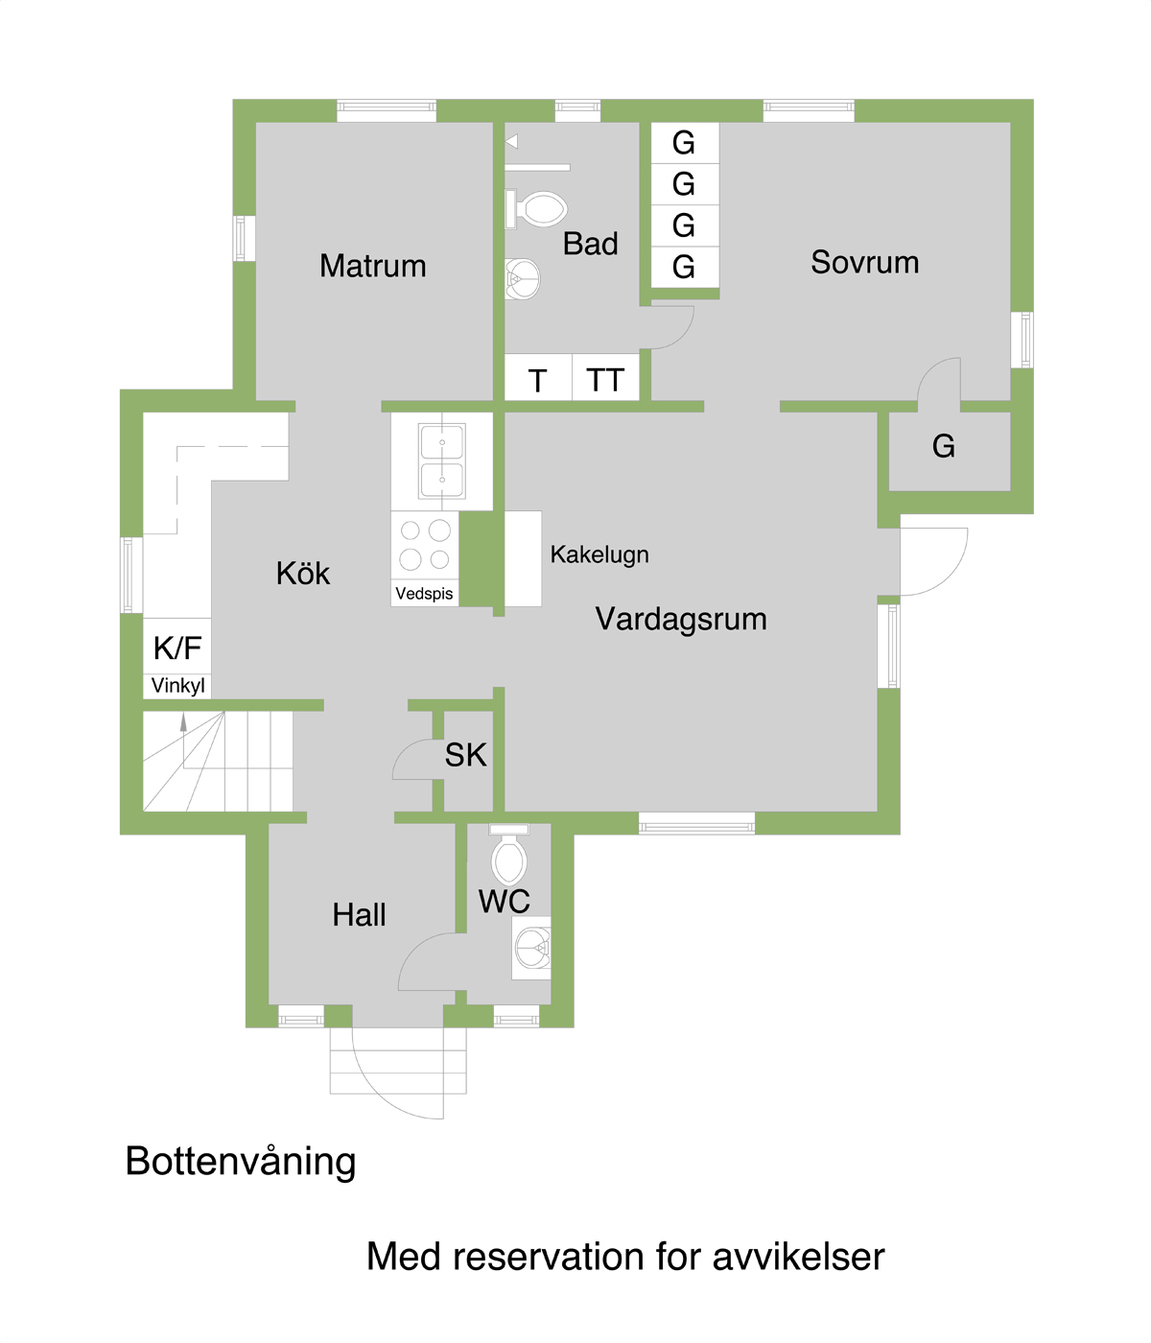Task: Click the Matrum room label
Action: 372,267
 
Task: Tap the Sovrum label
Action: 864,263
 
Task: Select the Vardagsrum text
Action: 681,619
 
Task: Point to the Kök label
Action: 303,573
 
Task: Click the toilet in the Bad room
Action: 536,209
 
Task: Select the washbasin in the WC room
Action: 532,948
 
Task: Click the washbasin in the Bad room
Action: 522,279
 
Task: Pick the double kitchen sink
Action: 441,460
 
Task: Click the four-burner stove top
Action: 425,545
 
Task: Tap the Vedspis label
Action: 424,593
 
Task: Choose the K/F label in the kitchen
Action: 177,648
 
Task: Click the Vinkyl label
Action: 178,686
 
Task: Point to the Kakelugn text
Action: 599,554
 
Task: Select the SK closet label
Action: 466,755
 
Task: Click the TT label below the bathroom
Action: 604,381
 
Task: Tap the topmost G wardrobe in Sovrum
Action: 683,143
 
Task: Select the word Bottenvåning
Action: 241,1162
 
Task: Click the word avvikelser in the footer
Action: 798,1258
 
